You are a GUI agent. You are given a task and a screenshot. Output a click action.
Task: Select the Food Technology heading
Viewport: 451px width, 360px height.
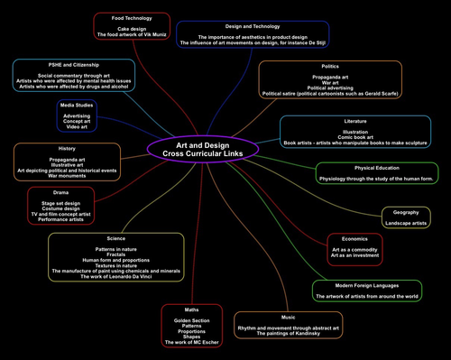132,18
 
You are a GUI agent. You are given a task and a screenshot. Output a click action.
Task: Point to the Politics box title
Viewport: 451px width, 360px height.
330,67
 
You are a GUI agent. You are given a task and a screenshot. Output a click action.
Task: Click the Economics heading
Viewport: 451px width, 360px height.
354,237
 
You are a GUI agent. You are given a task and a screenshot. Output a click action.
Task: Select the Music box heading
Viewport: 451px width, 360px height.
288,317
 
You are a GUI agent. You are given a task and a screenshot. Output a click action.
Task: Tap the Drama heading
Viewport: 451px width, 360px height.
60,192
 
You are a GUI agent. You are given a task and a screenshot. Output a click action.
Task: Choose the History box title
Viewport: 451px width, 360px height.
68,148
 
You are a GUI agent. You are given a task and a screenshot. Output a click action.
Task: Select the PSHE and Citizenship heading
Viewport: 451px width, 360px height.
74,65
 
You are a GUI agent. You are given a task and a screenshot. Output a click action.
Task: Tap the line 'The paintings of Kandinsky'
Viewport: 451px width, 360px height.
288,334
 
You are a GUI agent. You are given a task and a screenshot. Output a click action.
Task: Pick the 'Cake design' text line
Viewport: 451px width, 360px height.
132,29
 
